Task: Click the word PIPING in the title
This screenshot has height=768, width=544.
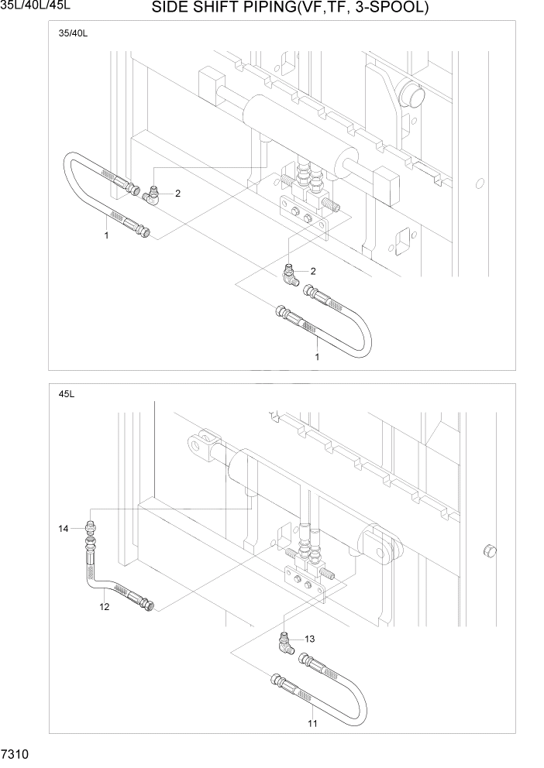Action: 246,9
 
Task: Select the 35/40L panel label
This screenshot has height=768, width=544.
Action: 72,35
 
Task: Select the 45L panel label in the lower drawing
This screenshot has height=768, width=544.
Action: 66,394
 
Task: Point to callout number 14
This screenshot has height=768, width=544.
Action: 63,529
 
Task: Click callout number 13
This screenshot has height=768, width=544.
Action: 310,639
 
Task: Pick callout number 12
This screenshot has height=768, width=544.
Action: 105,606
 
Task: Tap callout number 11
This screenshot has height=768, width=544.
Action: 313,724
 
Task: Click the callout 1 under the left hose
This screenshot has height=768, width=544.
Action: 106,235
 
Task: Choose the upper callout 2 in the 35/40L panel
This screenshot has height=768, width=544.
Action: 177,194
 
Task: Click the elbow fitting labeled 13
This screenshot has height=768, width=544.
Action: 287,642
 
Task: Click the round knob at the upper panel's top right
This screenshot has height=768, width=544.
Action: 410,96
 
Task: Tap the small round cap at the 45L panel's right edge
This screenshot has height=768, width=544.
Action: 488,550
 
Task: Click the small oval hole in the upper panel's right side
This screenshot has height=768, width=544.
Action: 480,184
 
